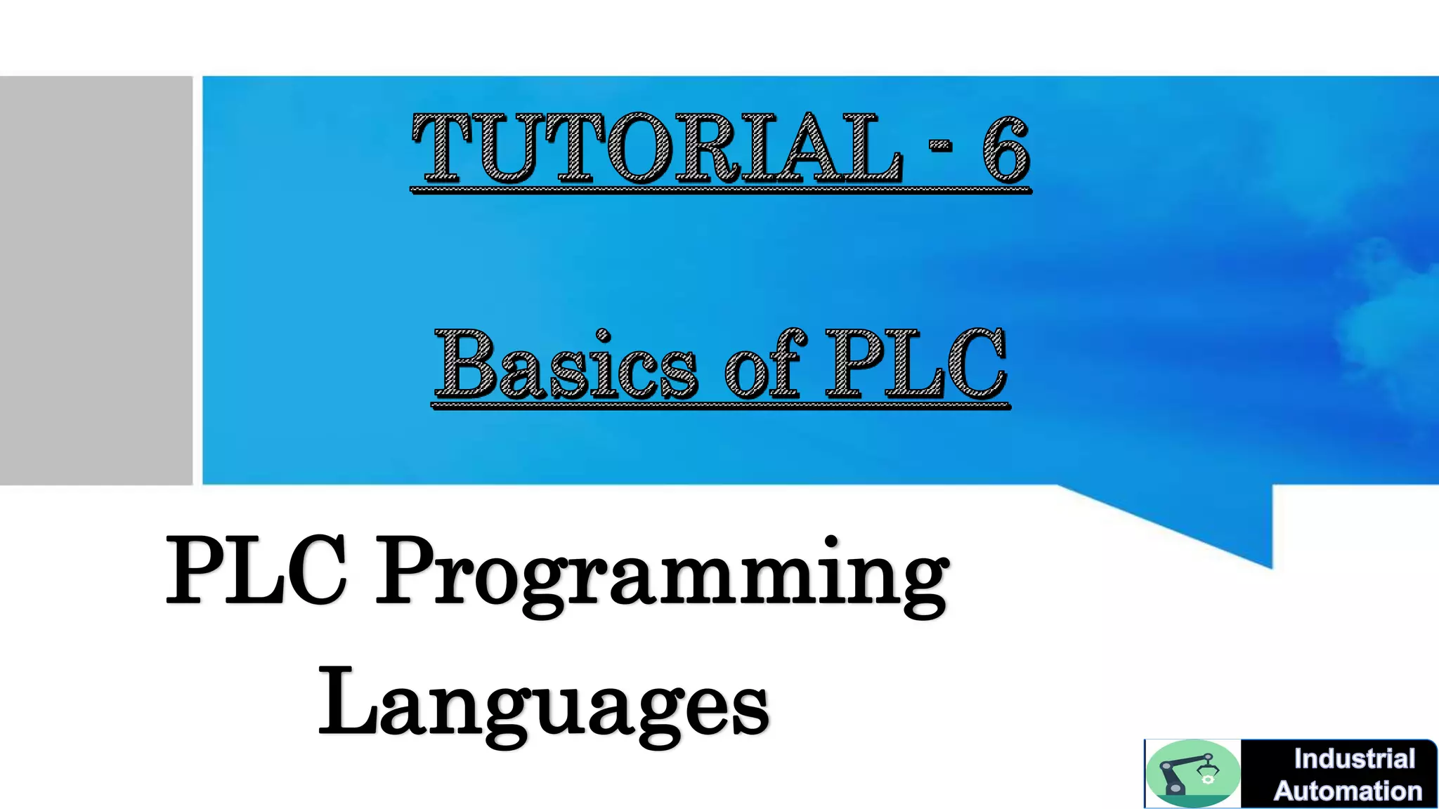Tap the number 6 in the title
coord(1005,149)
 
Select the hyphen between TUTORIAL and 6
coord(940,146)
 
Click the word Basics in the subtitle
coord(566,365)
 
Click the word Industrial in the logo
coord(1354,759)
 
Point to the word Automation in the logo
coord(1348,791)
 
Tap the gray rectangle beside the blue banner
coord(96,280)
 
